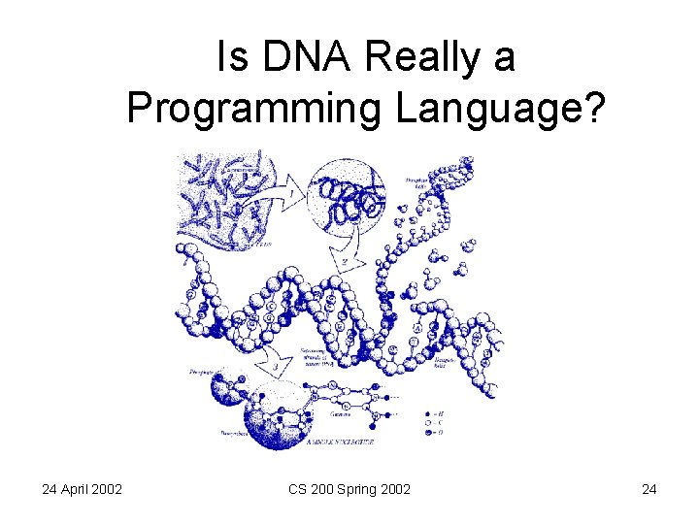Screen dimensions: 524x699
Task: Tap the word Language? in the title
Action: coord(499,109)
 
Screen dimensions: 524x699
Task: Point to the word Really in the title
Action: coord(423,57)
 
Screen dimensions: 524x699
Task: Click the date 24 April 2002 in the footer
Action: coord(82,489)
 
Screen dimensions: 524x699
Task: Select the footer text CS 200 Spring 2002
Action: coord(349,489)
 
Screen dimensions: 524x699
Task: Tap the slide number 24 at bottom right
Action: coord(649,489)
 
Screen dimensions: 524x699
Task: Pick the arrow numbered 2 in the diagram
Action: coord(345,260)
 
